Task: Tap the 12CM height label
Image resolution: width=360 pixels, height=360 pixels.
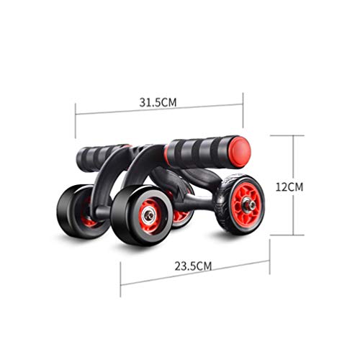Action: point(289,186)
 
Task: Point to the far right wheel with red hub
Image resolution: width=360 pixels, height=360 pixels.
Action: point(240,203)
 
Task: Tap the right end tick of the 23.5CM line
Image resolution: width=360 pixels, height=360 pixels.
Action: point(269,249)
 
